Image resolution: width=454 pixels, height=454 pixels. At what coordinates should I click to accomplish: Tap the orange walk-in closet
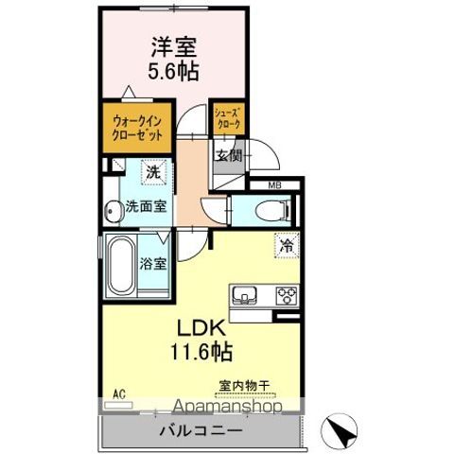(131, 127)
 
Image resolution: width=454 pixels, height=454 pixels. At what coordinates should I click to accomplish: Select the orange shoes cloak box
(227, 118)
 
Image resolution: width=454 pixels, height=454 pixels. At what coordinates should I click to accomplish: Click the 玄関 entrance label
(227, 156)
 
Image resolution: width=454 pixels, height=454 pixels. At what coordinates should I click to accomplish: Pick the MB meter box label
(273, 185)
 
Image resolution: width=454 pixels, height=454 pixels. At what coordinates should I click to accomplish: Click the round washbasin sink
(111, 210)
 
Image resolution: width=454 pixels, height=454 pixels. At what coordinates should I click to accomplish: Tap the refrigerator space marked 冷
(286, 243)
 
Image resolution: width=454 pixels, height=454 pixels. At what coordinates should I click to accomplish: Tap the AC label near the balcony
(119, 393)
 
